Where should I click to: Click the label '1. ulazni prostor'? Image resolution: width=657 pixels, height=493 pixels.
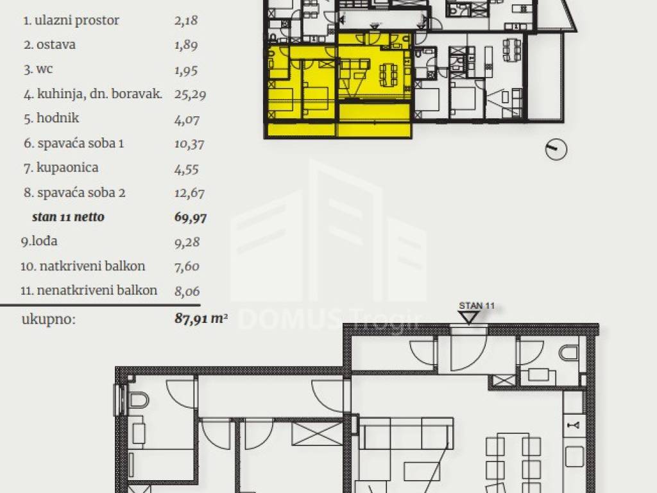coord(71,21)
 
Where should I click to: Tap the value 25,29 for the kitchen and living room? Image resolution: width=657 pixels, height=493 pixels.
coord(190,95)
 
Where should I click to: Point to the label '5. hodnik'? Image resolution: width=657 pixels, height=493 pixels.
coord(51,118)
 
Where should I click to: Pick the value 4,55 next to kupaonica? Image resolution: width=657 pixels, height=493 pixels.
coord(187,169)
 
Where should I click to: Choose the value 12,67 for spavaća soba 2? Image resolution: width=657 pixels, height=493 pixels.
coord(189,193)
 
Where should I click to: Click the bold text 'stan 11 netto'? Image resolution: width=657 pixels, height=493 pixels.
coord(68,217)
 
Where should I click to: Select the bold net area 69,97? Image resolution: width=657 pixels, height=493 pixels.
coord(191,218)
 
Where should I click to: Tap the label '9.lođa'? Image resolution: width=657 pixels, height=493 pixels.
coord(39,241)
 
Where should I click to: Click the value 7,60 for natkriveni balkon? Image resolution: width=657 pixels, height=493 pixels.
coord(187,266)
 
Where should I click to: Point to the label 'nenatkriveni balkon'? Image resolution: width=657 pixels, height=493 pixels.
coord(98,291)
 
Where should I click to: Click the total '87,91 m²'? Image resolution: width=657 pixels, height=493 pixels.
coord(201,318)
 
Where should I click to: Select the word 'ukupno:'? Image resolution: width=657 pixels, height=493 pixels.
coord(49,320)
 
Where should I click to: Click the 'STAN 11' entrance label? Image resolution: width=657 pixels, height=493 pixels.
coord(477,306)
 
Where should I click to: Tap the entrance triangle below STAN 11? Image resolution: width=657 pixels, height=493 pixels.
coord(468,317)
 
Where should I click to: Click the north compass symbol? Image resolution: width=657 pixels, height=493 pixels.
coord(556,149)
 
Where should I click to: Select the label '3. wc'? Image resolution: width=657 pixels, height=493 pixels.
coord(38,69)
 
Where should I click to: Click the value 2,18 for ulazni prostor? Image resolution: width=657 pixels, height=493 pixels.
coord(186,21)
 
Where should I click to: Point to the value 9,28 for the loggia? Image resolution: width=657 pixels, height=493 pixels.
coord(187,242)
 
